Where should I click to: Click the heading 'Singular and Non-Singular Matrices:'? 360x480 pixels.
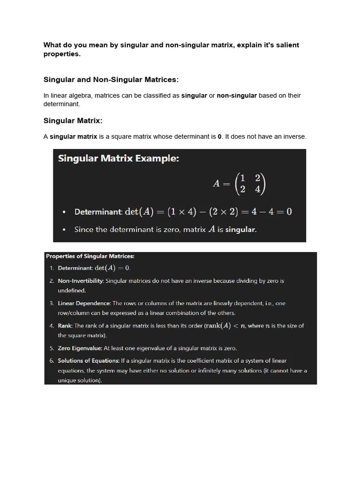click(111, 80)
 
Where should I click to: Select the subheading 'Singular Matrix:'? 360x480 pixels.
click(73, 120)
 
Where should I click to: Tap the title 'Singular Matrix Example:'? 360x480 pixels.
click(118, 158)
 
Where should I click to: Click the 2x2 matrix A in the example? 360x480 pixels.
click(240, 183)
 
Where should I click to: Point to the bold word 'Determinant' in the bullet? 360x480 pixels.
click(98, 212)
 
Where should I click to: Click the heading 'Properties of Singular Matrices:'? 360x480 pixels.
click(90, 256)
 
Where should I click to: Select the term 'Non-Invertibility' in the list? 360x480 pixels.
click(80, 281)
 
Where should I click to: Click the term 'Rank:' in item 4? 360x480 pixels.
click(65, 326)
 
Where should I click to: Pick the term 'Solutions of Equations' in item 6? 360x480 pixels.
click(88, 360)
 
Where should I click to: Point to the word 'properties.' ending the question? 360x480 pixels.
click(62, 54)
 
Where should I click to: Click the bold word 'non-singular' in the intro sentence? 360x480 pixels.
click(236, 96)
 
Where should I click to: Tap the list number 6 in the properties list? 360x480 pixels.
click(51, 360)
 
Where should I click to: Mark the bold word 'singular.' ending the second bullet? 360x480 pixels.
click(241, 230)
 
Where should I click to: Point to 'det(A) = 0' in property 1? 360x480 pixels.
click(112, 268)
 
